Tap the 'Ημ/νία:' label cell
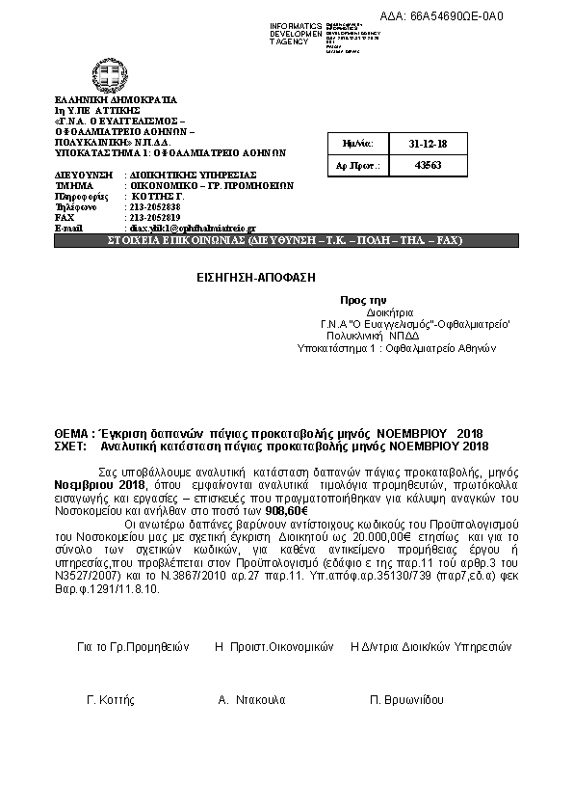click(x=357, y=143)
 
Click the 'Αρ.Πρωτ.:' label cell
click(x=357, y=165)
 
